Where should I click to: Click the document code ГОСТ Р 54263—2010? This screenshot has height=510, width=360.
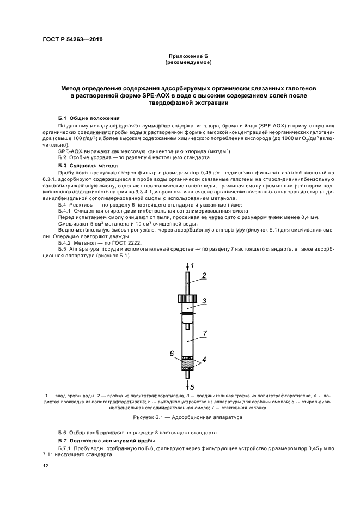coord(73,40)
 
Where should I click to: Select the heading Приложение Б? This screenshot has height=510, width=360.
coord(187,57)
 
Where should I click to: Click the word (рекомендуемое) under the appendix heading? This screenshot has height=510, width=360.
coord(187,63)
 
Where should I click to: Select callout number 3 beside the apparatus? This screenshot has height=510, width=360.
coord(203,300)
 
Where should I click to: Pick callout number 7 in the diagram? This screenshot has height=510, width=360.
coord(203,332)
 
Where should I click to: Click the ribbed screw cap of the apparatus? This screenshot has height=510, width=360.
coord(187,298)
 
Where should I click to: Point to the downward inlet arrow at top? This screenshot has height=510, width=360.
coord(187,267)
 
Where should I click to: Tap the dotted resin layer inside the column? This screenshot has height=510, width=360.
coord(187,362)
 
